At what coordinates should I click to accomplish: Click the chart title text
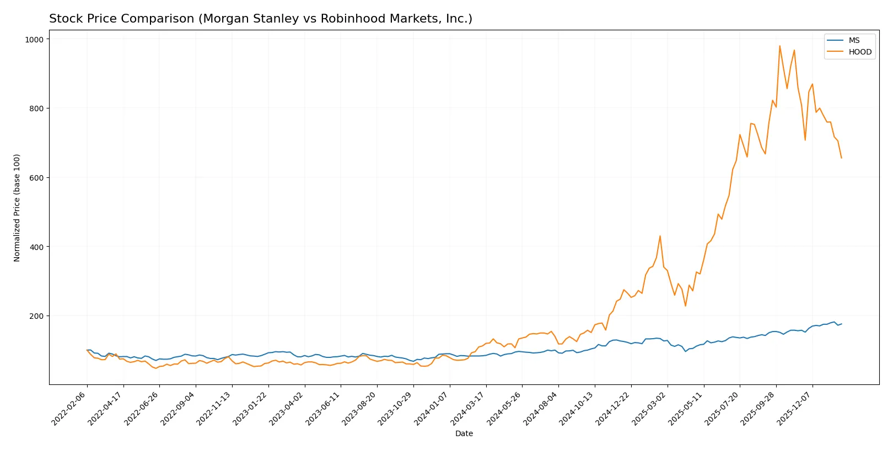click(x=260, y=19)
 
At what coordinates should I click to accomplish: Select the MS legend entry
click(x=854, y=40)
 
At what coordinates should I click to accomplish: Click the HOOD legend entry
click(x=859, y=52)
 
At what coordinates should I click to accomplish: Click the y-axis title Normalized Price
click(x=17, y=208)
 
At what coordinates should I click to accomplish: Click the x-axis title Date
click(x=464, y=433)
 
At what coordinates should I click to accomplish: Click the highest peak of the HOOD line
click(x=779, y=46)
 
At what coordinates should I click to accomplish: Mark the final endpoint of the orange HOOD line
click(x=841, y=158)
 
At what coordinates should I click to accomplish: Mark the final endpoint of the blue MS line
click(x=841, y=324)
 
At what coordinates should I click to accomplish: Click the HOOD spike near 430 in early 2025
click(x=660, y=236)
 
